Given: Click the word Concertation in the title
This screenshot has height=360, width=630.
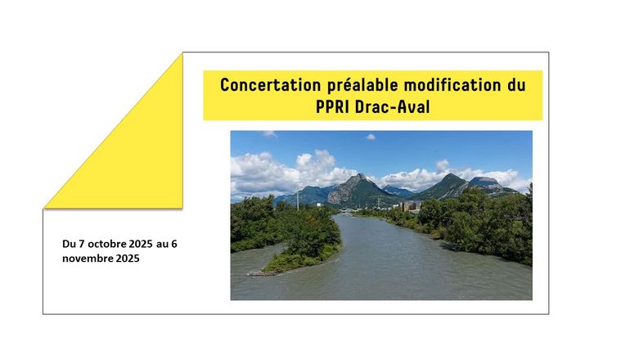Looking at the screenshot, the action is click(x=270, y=85).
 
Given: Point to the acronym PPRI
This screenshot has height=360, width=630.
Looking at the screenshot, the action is click(x=332, y=107).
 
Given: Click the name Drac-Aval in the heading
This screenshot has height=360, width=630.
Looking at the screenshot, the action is click(x=393, y=107).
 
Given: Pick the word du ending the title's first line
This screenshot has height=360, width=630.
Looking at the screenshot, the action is click(x=516, y=85).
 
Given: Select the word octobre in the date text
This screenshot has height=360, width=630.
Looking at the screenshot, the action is click(x=106, y=244).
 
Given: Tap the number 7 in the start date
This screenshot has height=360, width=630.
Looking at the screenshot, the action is click(x=82, y=244).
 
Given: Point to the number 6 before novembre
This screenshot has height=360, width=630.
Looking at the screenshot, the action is click(x=174, y=244).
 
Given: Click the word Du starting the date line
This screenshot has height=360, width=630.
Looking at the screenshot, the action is click(x=69, y=244).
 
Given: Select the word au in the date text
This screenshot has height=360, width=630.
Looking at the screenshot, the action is click(x=162, y=245).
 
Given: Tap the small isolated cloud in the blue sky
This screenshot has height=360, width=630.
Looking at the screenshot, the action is click(x=371, y=137).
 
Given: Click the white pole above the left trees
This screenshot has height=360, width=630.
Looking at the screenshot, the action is click(x=298, y=200).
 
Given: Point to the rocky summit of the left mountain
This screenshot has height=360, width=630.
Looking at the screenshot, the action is click(x=360, y=176).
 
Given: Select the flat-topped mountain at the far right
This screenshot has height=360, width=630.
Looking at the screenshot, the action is click(x=484, y=181).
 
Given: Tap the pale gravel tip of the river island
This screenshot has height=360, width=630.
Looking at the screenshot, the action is click(x=259, y=273).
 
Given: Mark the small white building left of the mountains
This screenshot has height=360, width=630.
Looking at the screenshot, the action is click(x=318, y=205).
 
